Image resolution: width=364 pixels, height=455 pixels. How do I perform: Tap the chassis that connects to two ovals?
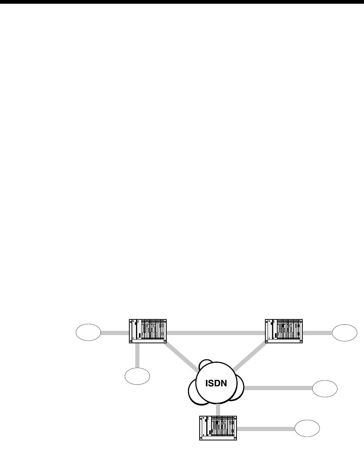147,331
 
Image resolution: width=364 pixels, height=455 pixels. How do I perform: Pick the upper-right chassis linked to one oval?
284,331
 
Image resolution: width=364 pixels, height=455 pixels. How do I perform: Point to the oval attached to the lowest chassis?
307,428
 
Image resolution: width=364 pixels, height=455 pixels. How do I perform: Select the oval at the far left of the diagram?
88,333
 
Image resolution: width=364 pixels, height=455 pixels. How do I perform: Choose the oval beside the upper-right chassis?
345,333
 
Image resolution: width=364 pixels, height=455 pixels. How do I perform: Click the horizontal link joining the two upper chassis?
216,332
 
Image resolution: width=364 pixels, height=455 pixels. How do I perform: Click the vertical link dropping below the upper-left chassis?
138,355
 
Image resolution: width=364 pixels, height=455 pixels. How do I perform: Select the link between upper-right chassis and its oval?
317,332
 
